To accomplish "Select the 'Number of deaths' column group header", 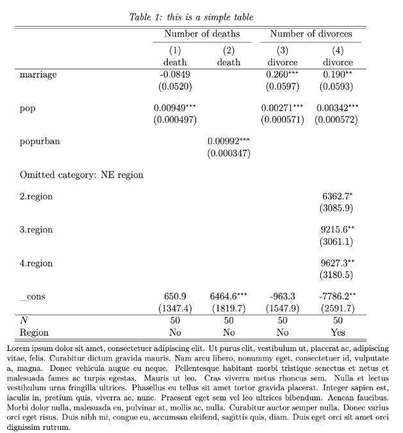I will (202, 34).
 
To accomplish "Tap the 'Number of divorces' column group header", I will (311, 34).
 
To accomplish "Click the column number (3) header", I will (283, 51).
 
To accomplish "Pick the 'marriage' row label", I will (38, 74).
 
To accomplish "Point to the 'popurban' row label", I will (40, 142).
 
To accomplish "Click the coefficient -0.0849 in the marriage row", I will (175, 74).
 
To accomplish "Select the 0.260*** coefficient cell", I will (283, 74).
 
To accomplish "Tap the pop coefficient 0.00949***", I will (175, 108).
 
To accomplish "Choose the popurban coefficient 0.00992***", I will (229, 142).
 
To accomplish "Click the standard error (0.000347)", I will (229, 154).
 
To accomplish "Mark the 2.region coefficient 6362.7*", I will (338, 197).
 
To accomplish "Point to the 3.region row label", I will (37, 230).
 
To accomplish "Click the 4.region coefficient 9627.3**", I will (338, 263).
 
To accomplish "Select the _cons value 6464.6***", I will (229, 297).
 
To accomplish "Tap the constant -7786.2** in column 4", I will (338, 297).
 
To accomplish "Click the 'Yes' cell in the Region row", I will (338, 332).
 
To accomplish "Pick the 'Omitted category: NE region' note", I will (81, 175).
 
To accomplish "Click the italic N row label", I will (24, 320).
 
